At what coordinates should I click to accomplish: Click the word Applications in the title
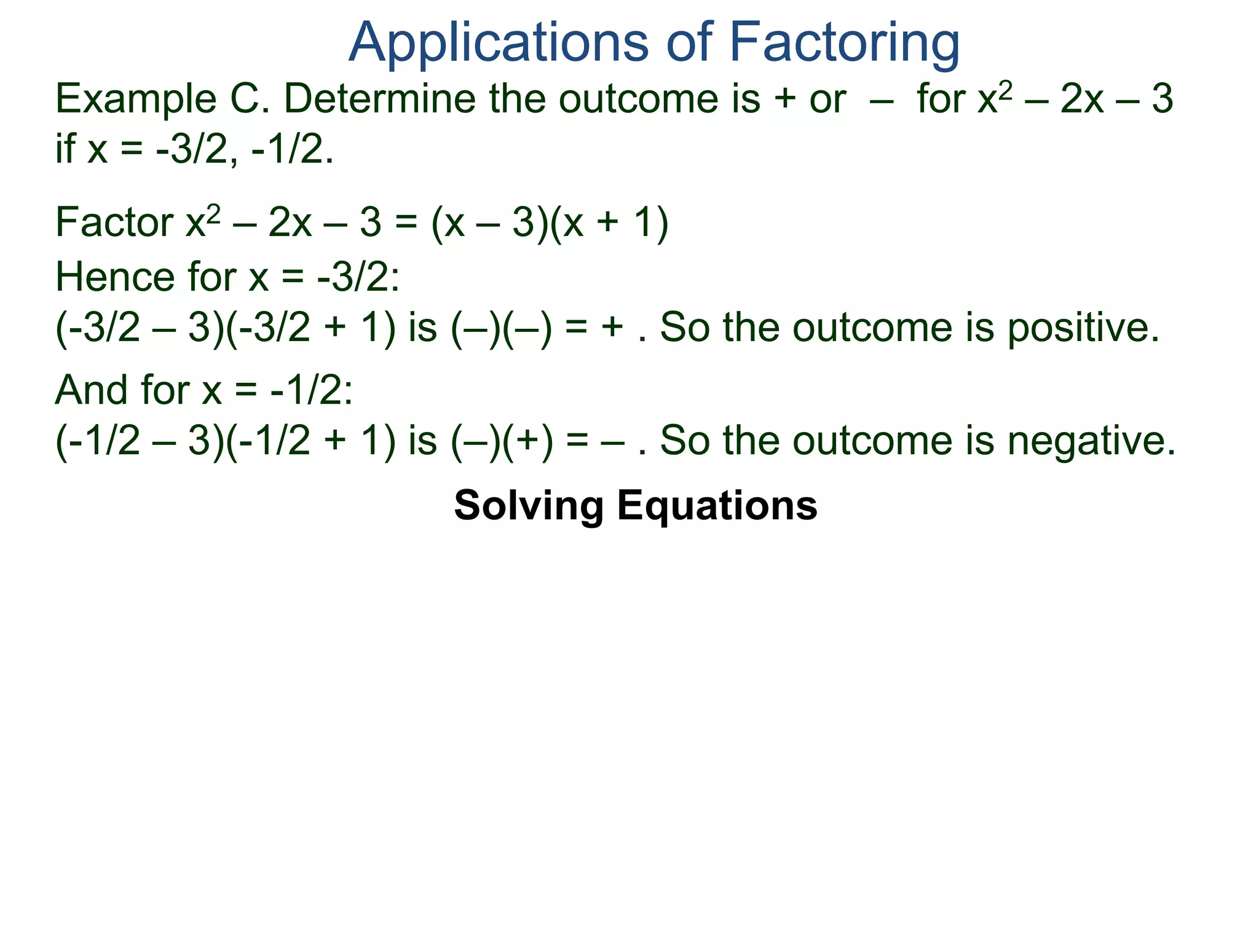click(498, 43)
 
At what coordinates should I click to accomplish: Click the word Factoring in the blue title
click(844, 43)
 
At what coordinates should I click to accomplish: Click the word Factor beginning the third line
click(114, 222)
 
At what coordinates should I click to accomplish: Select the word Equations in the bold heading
click(717, 505)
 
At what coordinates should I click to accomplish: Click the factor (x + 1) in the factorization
click(609, 222)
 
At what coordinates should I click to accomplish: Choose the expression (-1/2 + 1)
click(311, 441)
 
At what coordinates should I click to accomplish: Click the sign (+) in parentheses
click(528, 441)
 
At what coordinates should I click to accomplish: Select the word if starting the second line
click(66, 150)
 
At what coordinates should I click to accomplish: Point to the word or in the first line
click(827, 100)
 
